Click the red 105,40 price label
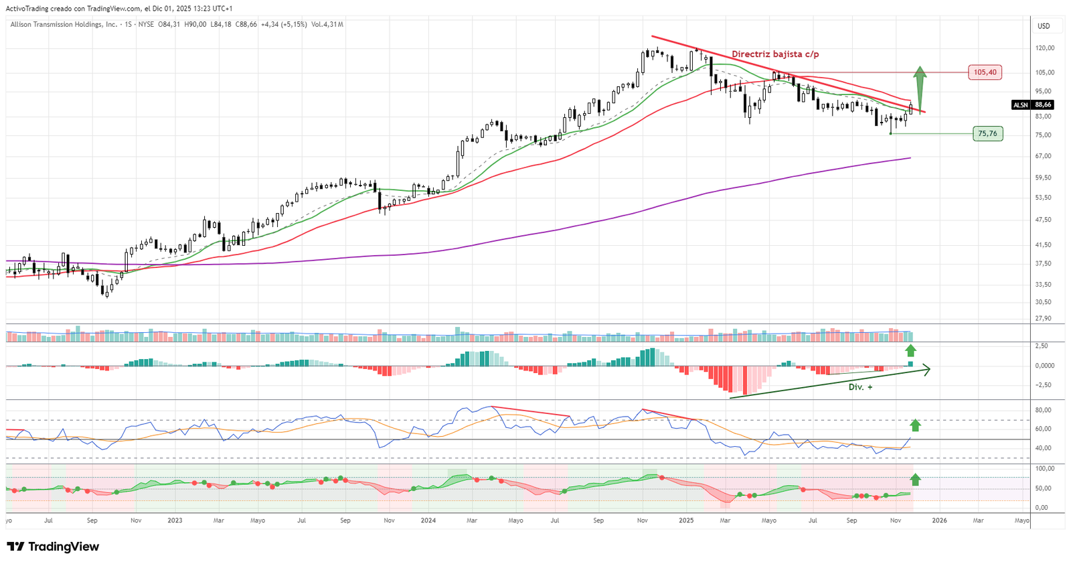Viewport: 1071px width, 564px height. pos(985,72)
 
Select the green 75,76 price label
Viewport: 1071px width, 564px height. pos(987,134)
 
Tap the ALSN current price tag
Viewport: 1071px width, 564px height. pos(1032,105)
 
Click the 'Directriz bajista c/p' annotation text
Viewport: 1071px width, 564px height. pos(774,54)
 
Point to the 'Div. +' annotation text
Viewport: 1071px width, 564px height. pos(860,387)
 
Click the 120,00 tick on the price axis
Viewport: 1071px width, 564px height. pos(1044,48)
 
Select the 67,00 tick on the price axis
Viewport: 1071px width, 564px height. pos(1043,156)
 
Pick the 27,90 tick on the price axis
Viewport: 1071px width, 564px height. pos(1043,319)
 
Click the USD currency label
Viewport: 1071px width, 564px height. pos(1044,26)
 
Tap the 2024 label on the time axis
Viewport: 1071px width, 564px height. pos(428,520)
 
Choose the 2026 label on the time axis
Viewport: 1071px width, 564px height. pos(939,520)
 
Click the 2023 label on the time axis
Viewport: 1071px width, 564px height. pos(175,520)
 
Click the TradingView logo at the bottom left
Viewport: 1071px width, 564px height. pos(53,547)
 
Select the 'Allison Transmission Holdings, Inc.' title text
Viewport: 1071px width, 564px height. pos(64,25)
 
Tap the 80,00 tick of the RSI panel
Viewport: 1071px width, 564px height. pos(1042,410)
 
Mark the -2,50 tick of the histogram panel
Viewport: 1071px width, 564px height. pos(1043,385)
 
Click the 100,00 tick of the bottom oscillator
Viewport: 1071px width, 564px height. pos(1044,469)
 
